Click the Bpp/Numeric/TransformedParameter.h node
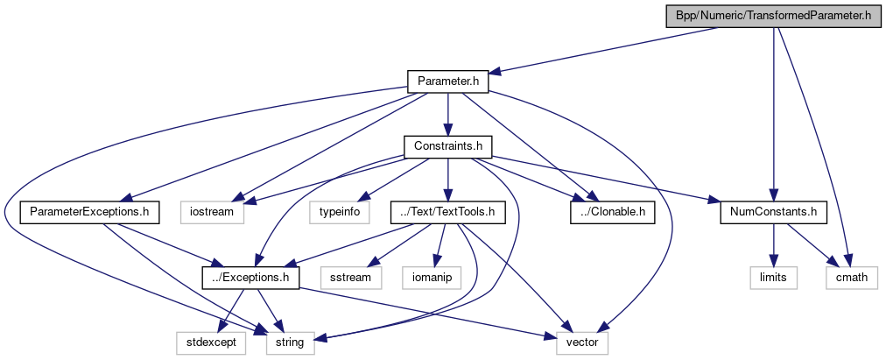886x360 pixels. pos(774,16)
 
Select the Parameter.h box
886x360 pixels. pos(447,81)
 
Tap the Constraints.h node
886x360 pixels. pos(447,145)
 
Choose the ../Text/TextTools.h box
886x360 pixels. pos(447,211)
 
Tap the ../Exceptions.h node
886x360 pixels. pos(251,277)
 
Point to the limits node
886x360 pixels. pos(773,277)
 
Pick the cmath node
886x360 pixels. pos(852,277)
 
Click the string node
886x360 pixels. pos(290,342)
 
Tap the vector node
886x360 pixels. pos(581,342)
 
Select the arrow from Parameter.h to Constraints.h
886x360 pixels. pos(447,113)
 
